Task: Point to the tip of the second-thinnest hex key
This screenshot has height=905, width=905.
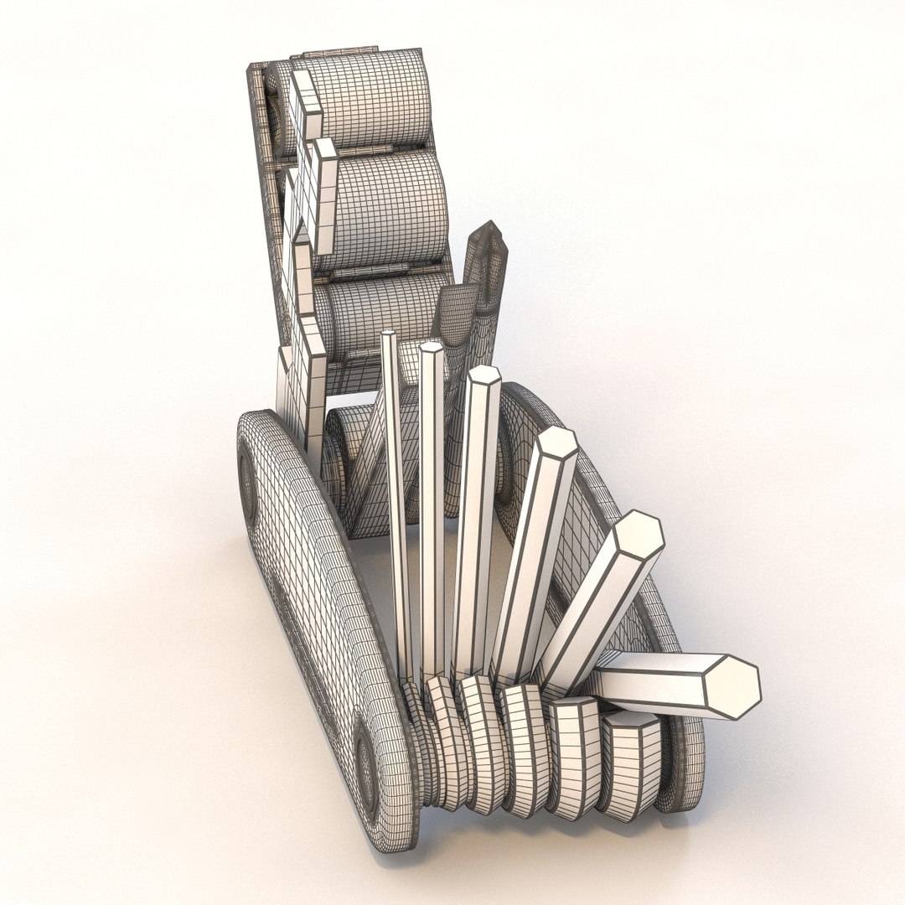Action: coord(432,349)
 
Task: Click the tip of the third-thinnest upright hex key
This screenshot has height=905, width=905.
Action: coord(484,377)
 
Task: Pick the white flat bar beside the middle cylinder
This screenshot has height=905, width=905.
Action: coord(318,197)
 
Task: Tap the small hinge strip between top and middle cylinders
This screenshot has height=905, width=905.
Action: coord(377,151)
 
